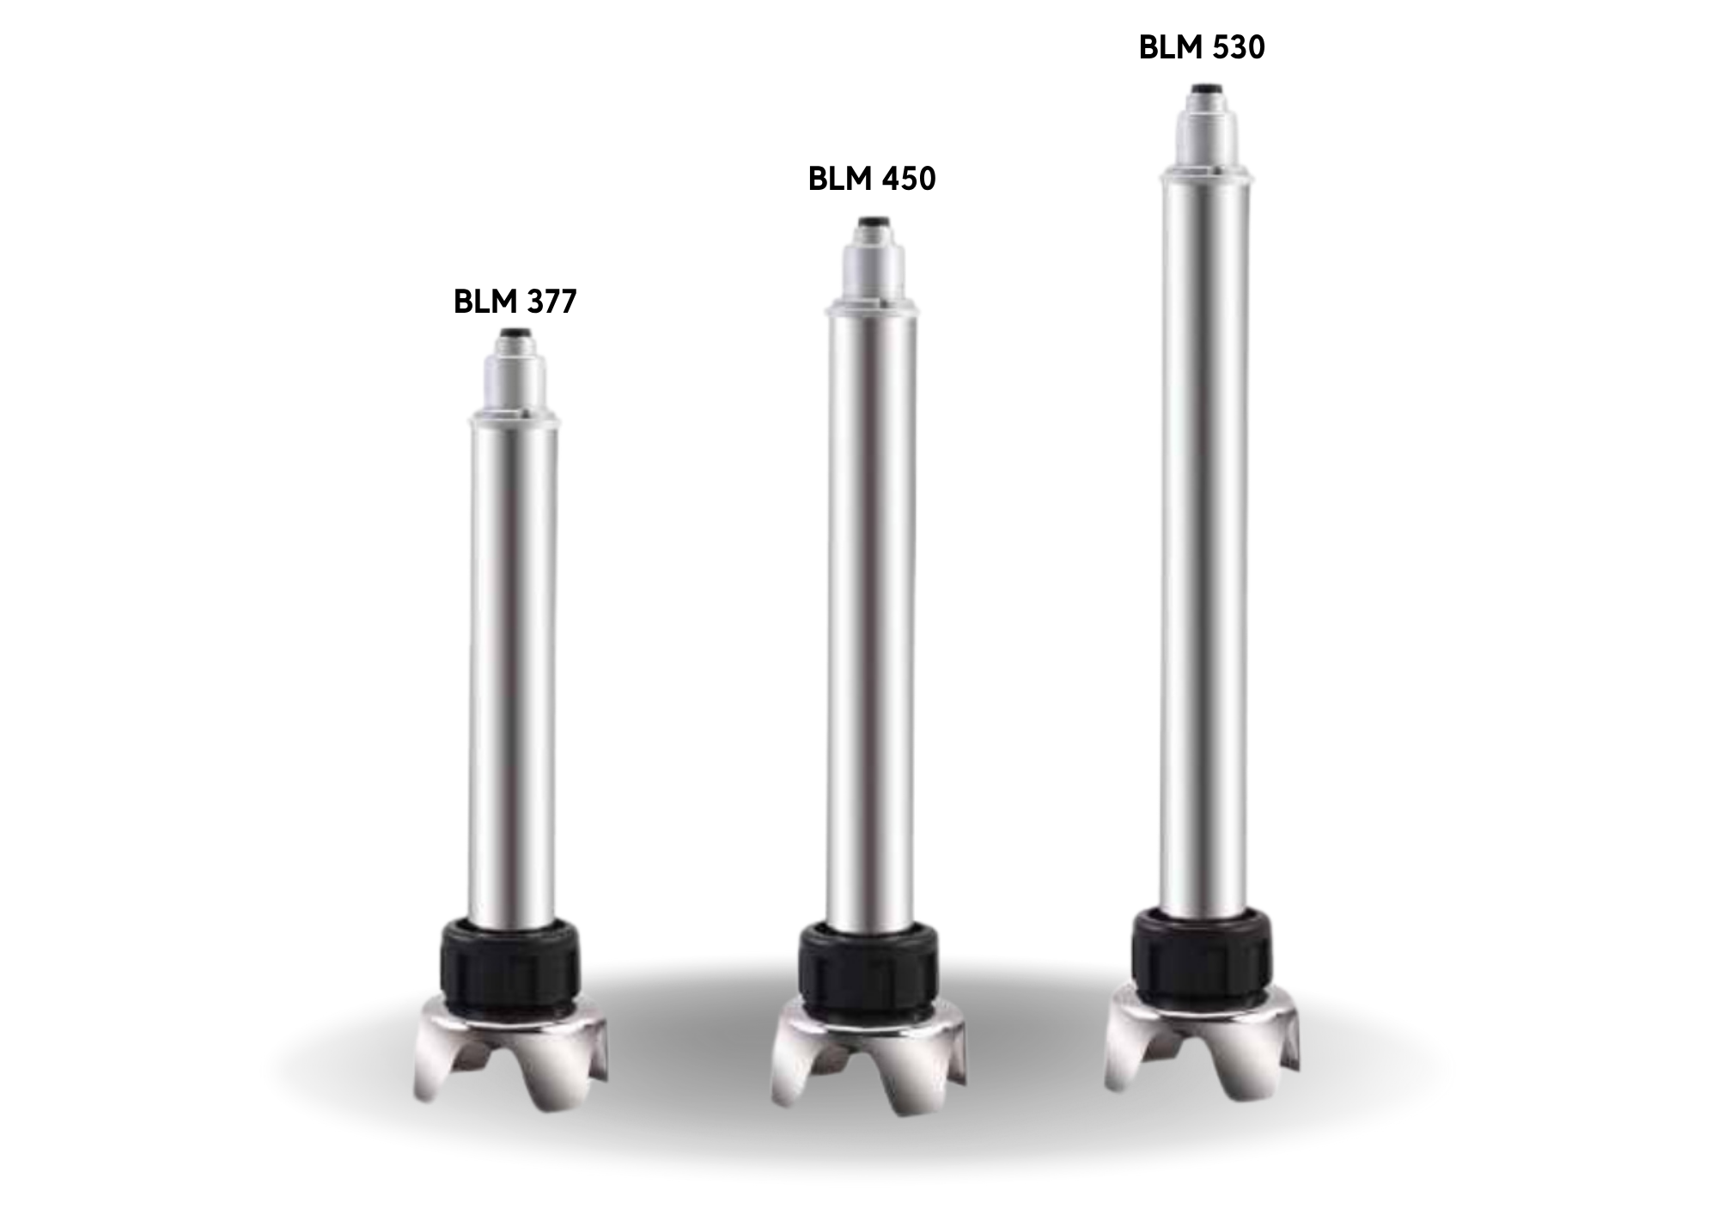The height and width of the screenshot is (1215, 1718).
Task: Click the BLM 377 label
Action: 515,302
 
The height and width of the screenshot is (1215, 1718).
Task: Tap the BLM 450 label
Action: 872,179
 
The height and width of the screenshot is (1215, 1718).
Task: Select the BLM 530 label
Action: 1202,47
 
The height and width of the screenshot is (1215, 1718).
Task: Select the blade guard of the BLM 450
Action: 869,1057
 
